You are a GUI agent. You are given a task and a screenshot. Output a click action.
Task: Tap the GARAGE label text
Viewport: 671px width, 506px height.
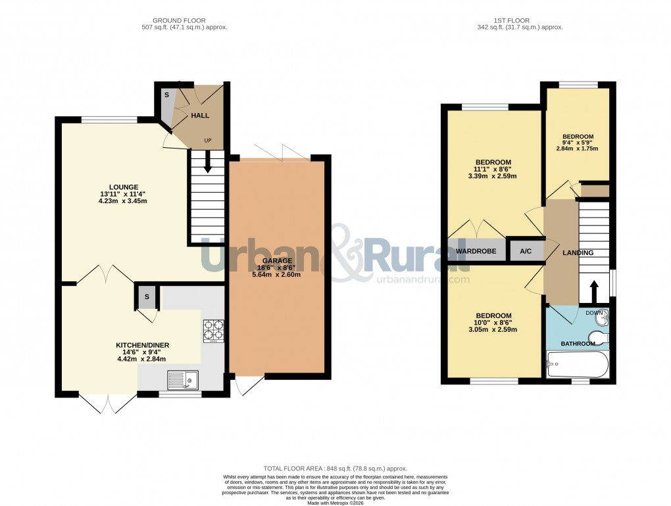point(277,260)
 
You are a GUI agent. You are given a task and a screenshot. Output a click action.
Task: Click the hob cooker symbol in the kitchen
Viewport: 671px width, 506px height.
point(214,331)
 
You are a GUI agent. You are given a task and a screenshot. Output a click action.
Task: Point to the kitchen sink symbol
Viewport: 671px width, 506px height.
point(182,379)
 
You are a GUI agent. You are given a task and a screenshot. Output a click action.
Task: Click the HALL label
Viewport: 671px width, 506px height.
point(200,116)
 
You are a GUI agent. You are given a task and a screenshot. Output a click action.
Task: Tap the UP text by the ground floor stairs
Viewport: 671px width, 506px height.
point(208,141)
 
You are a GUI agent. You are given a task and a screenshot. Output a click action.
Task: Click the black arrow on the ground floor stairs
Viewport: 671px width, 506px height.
point(208,162)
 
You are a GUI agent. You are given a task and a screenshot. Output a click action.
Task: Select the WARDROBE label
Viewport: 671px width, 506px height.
point(477,251)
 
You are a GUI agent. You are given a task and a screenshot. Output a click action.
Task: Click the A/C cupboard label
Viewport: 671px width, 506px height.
point(526,251)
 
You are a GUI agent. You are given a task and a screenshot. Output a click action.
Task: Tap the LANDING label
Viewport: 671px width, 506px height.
point(578,253)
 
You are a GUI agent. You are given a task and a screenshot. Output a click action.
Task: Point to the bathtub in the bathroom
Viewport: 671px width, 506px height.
point(578,364)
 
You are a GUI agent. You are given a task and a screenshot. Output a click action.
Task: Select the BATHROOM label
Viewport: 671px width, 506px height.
point(577,344)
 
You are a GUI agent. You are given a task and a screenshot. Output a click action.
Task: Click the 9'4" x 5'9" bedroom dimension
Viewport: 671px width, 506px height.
point(578,143)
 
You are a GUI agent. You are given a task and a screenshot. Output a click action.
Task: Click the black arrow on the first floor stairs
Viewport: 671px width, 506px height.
point(594,290)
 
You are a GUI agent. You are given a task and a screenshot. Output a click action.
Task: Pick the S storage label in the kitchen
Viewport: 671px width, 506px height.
point(147,296)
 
